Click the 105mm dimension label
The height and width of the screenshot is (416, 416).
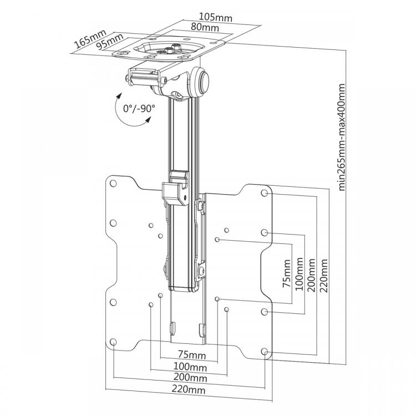[x=215, y=18]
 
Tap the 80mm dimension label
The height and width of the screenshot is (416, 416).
[x=205, y=27]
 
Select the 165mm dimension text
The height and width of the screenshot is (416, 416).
[x=90, y=39]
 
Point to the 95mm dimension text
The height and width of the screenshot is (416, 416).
[x=110, y=42]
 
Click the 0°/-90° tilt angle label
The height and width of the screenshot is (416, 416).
[x=139, y=109]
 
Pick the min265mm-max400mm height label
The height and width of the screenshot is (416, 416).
[x=342, y=137]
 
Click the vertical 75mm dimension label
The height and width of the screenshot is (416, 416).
[x=287, y=273]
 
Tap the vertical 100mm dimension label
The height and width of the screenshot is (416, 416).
[x=299, y=274]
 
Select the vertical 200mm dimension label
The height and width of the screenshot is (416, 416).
[x=312, y=275]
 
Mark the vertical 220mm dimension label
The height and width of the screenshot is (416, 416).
[x=324, y=276]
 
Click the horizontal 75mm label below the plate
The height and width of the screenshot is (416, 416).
[x=192, y=355]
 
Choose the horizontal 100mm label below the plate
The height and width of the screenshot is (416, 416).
[x=190, y=367]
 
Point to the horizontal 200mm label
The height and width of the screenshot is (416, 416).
[x=190, y=377]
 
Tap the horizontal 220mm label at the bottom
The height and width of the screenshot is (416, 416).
[x=189, y=389]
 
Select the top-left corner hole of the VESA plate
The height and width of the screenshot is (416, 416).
[x=113, y=184]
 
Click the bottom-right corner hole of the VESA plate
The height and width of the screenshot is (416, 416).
[x=264, y=352]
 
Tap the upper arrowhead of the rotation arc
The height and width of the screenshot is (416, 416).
[x=119, y=95]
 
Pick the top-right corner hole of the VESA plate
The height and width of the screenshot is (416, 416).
[x=264, y=193]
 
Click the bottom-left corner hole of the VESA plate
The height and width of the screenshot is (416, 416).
[x=113, y=342]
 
